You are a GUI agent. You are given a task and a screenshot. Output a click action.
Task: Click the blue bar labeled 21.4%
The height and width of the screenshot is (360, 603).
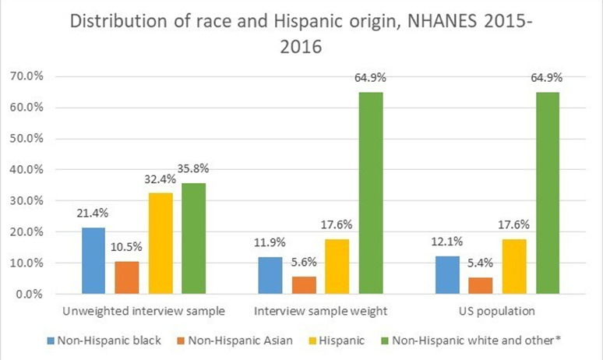point(93,261)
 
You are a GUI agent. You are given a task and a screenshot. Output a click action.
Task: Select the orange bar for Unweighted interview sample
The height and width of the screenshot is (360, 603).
point(127,277)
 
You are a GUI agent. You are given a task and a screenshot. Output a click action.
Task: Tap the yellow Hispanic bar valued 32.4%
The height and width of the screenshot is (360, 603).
point(160,243)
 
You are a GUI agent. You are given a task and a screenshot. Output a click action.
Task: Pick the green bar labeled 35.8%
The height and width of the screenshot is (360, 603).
point(194,238)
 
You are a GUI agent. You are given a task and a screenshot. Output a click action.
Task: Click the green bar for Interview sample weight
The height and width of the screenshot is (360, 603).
point(371,193)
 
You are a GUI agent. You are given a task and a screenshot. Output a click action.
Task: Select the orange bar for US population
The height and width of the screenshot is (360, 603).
point(481,286)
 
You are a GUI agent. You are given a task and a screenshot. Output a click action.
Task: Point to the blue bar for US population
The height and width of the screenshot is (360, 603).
point(447,275)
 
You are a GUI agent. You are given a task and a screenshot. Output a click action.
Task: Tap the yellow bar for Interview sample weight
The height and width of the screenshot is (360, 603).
point(337,266)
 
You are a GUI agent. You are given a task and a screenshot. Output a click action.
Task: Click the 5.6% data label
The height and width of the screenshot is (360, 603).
point(304,263)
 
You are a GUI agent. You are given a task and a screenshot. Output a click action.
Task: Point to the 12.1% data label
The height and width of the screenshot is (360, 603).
point(447,242)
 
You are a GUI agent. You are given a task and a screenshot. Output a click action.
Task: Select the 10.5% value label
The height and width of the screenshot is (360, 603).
point(126,247)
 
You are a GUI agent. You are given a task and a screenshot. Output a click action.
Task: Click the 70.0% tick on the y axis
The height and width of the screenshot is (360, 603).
point(26,76)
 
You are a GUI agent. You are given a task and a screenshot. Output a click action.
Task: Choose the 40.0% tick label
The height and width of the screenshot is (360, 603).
point(26,170)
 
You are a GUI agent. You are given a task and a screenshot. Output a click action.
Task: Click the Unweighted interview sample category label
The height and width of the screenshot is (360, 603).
point(143,311)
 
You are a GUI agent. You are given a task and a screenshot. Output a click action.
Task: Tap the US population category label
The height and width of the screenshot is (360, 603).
point(497,311)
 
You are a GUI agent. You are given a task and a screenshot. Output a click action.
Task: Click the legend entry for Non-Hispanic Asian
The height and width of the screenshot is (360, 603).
point(235,341)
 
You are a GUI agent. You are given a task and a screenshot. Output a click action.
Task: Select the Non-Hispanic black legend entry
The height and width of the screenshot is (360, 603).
point(104,341)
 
